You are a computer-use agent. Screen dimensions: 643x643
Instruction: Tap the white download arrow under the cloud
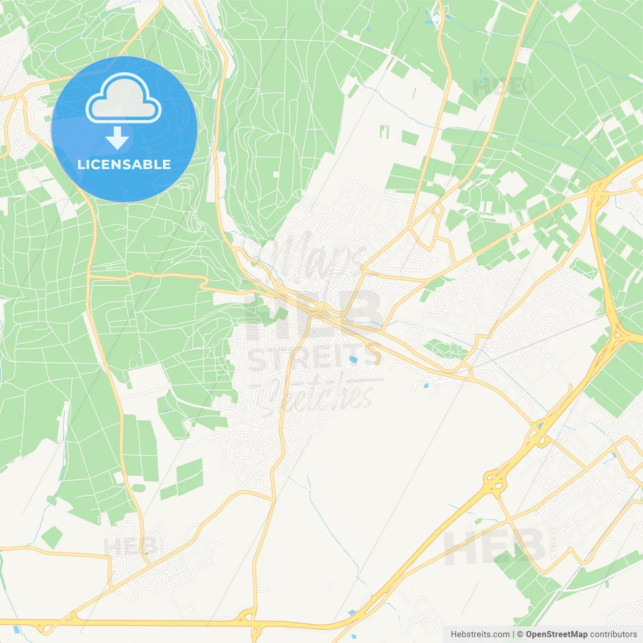pyautogui.click(x=117, y=138)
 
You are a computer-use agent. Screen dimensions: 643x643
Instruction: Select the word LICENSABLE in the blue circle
pyautogui.click(x=124, y=164)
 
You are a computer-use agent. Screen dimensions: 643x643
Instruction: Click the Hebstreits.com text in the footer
pyautogui.click(x=480, y=634)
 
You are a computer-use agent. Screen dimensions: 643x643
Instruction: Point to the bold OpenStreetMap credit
pyautogui.click(x=556, y=634)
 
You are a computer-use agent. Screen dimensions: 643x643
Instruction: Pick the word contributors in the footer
pyautogui.click(x=613, y=634)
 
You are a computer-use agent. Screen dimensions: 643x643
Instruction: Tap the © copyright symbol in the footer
pyautogui.click(x=520, y=634)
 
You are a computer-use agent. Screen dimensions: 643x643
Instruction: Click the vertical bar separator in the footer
pyautogui.click(x=513, y=634)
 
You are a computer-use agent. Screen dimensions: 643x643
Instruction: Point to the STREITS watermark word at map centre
pyautogui.click(x=313, y=356)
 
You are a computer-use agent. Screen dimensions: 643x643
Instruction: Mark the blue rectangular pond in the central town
pyautogui.click(x=354, y=360)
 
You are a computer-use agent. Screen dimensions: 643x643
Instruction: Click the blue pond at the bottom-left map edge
pyautogui.click(x=17, y=628)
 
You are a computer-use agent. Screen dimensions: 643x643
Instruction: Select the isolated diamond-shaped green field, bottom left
pyautogui.click(x=52, y=538)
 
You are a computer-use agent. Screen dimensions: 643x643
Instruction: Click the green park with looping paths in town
pyautogui.click(x=442, y=348)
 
